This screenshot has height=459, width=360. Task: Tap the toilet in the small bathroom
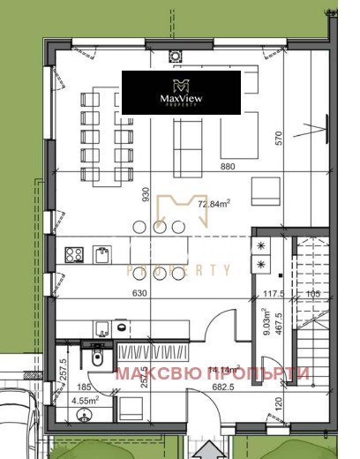(x=98, y=359)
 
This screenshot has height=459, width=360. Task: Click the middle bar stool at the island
(x=159, y=227)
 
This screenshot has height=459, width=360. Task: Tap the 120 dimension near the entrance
(x=280, y=407)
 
